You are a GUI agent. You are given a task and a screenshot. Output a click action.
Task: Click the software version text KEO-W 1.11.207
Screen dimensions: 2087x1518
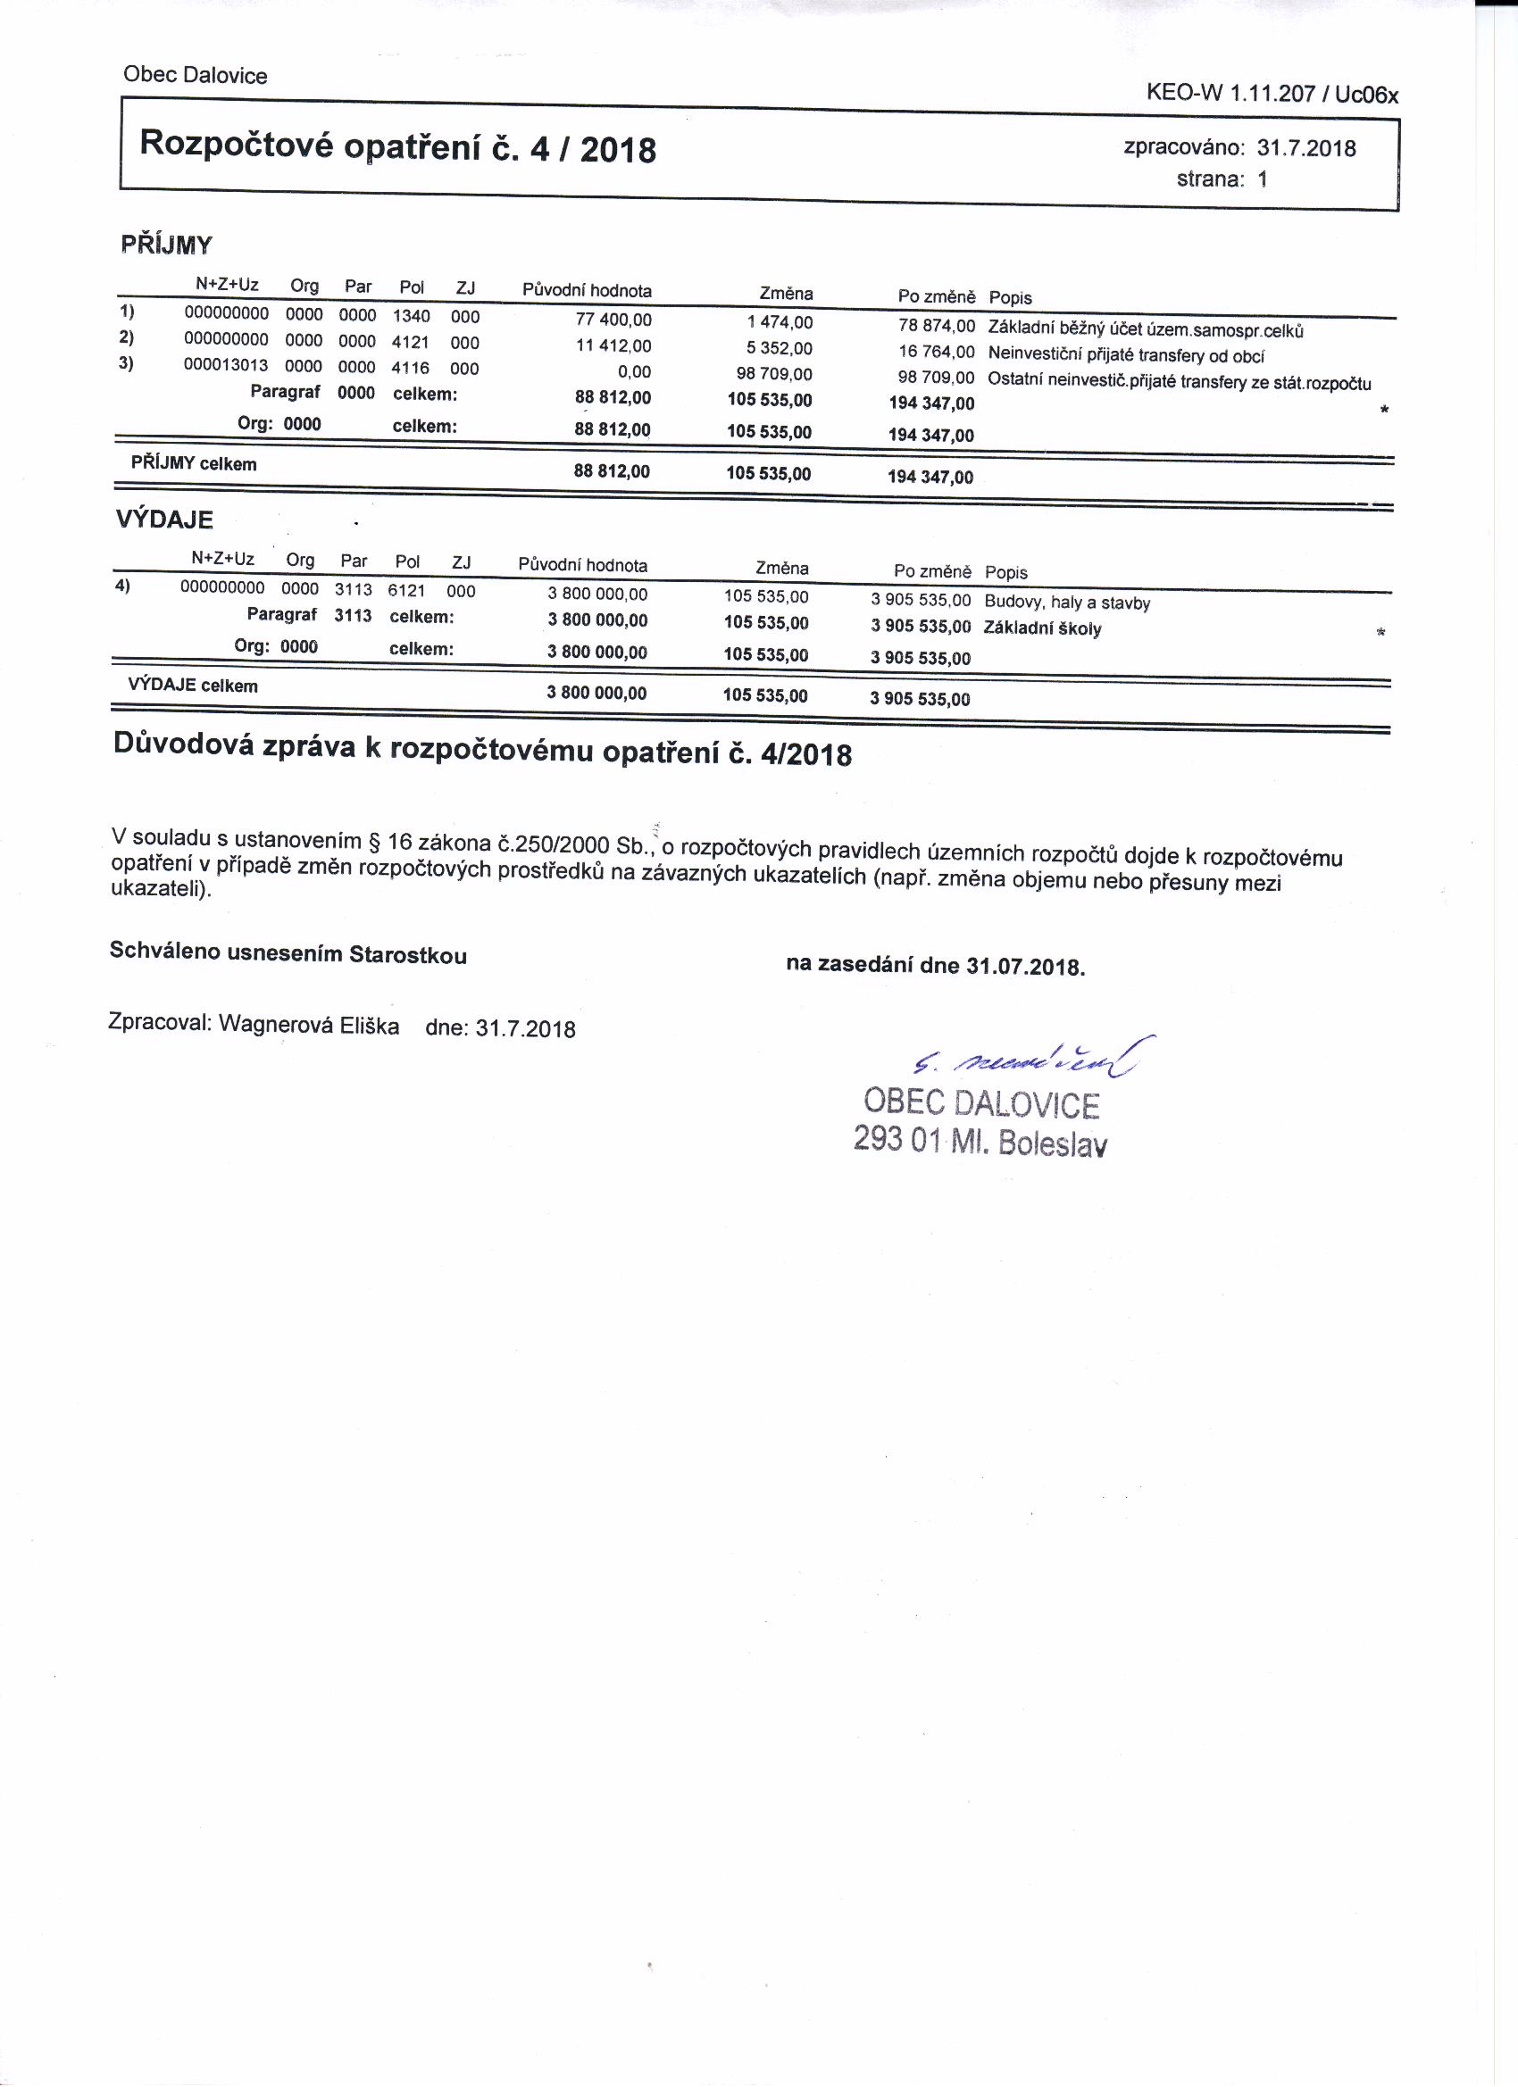[x=1230, y=93]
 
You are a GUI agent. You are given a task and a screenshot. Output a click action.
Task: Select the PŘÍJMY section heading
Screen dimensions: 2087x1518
[x=167, y=245]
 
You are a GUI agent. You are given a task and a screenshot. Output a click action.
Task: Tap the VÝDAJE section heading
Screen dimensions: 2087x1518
[x=164, y=520]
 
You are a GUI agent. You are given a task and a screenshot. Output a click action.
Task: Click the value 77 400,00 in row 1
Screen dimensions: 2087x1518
[x=613, y=320]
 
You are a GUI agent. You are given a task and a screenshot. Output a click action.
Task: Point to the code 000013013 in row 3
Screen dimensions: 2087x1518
[x=226, y=365]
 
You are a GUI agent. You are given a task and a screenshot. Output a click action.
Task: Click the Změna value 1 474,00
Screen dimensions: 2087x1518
[x=780, y=322]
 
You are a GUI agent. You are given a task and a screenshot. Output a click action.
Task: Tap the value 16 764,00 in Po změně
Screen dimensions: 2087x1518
[x=936, y=352]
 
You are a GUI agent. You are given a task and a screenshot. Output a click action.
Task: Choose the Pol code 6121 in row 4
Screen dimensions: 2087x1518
[x=406, y=591]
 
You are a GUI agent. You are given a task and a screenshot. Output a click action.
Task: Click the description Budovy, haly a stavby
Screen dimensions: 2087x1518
[x=1067, y=603]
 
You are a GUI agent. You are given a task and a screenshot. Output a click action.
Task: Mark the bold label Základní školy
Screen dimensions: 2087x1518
[x=1042, y=629]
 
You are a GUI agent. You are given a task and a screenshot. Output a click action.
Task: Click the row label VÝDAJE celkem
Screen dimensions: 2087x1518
[x=192, y=686]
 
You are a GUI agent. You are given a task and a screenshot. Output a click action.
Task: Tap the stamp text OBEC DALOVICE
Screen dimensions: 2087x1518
[x=981, y=1104]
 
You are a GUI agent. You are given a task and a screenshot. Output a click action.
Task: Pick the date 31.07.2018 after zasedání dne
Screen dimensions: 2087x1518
[x=1025, y=967]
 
